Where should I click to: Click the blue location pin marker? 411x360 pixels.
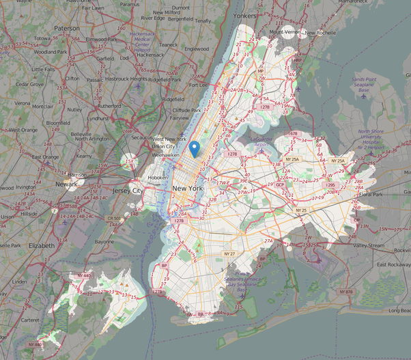[195, 148]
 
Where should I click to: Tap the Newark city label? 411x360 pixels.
[66, 184]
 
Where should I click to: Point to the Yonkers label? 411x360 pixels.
[244, 14]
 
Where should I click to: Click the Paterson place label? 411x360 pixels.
[67, 28]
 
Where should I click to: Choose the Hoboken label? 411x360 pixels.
[157, 177]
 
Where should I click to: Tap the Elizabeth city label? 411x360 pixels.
[41, 245]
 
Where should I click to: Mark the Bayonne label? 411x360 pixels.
[104, 242]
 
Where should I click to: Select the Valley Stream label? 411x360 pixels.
[369, 245]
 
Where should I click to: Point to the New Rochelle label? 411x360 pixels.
[320, 32]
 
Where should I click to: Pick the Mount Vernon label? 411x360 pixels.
[286, 32]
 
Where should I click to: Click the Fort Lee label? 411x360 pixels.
[198, 85]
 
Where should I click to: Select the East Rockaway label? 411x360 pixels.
[388, 264]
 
